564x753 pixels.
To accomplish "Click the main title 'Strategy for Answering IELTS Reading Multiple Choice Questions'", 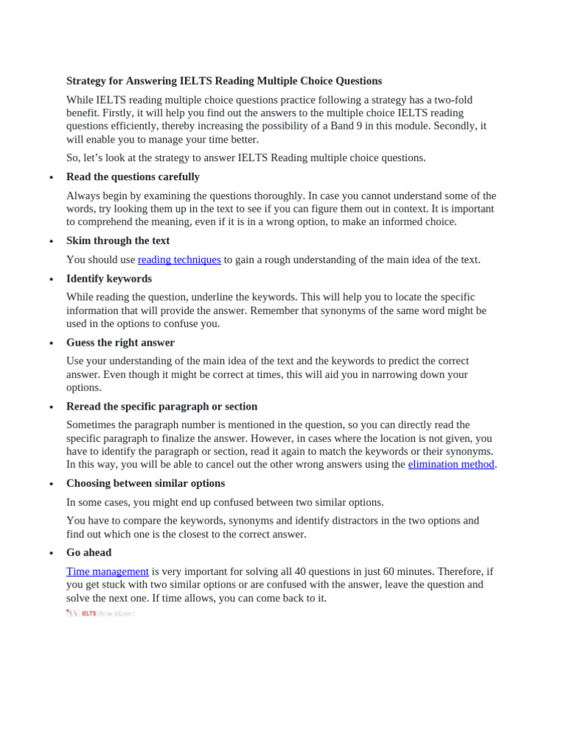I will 224,81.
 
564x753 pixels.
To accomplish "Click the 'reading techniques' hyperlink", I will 179,260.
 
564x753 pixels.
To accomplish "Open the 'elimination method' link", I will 451,464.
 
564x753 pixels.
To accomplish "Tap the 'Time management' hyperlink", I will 107,571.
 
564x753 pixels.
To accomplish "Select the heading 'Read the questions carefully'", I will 133,176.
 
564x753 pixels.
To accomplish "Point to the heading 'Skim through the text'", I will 117,240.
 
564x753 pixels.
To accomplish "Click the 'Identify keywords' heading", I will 109,279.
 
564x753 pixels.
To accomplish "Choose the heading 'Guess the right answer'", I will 120,343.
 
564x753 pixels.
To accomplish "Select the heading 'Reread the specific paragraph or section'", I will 162,407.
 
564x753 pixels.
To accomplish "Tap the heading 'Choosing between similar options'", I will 145,483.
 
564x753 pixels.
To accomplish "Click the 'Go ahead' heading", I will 89,552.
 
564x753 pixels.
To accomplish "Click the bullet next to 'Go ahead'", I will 51,554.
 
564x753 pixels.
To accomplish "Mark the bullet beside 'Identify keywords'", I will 51,280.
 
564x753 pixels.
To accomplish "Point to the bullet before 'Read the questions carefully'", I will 51,178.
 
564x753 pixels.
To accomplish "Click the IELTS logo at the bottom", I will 100,613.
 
